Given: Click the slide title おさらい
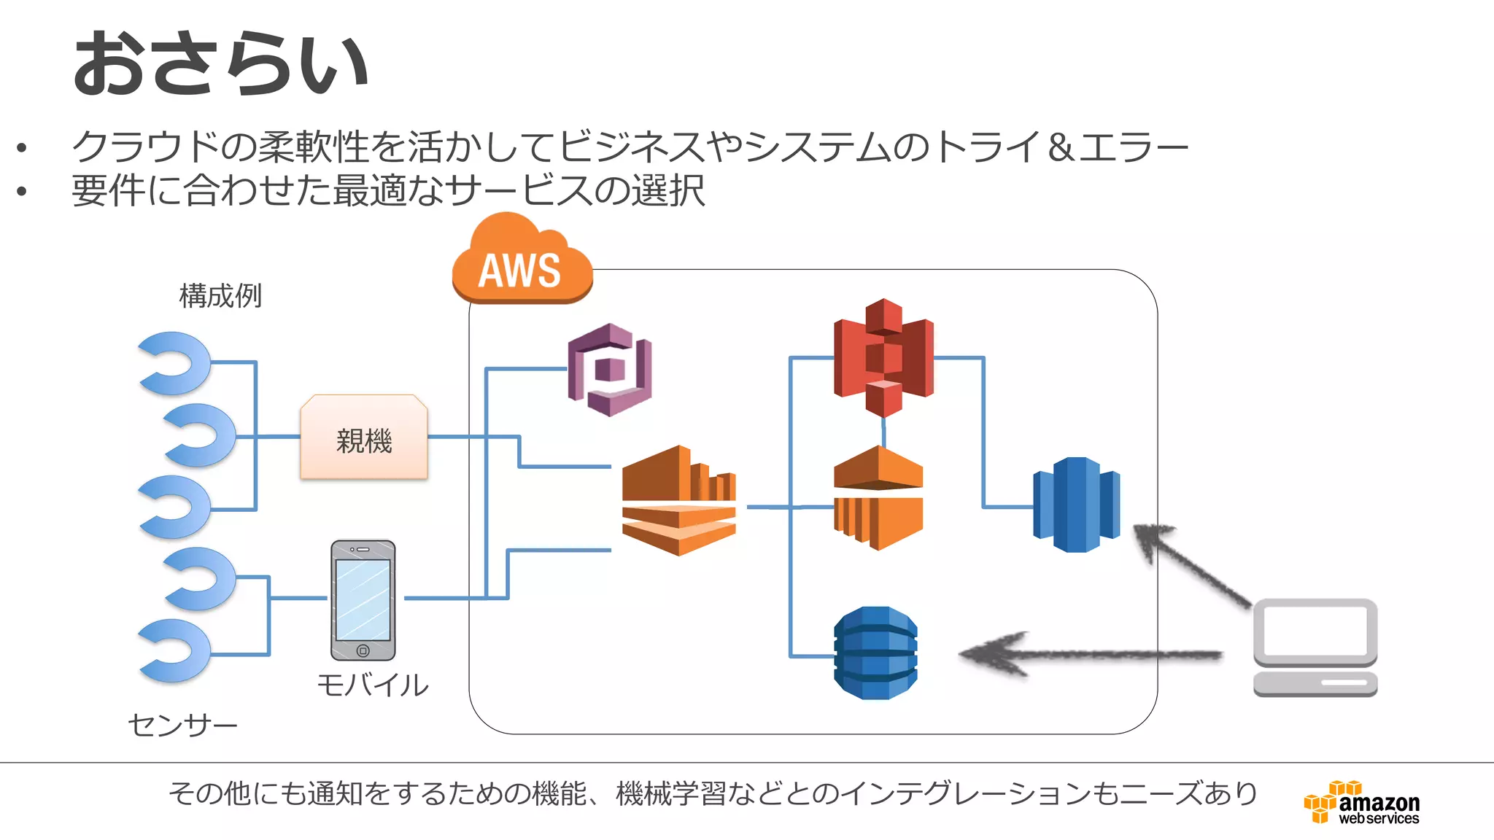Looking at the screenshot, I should click(221, 64).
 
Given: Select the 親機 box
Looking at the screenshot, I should click(364, 437).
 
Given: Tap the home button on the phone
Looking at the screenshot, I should click(363, 650).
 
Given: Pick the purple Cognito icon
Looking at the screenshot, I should click(610, 370).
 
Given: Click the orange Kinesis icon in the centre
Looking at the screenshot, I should click(678, 501).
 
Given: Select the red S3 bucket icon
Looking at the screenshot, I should click(883, 357).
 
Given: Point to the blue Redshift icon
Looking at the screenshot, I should click(1076, 505).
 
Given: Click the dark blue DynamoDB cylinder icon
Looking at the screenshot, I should click(875, 653).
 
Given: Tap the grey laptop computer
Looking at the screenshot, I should click(1315, 647).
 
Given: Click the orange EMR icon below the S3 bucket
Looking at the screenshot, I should click(878, 498).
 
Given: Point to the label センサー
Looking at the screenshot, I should click(182, 726).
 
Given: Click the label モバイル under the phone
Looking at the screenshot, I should click(373, 685).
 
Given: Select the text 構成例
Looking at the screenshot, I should click(220, 296).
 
